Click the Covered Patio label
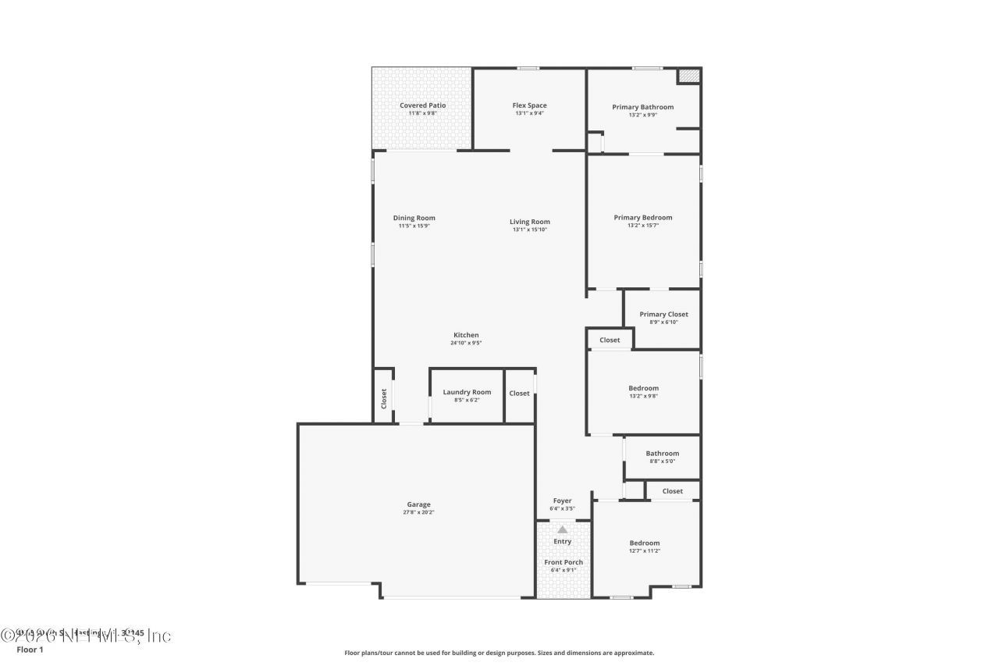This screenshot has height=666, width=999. tap(422, 105)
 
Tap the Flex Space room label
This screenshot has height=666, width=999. tap(529, 105)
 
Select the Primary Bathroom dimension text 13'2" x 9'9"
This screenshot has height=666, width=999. tap(642, 115)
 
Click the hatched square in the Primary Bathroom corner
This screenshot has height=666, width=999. tap(688, 76)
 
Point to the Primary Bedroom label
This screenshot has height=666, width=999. tap(642, 218)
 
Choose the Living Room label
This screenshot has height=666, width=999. tap(530, 222)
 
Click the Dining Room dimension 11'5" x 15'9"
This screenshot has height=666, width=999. tap(414, 226)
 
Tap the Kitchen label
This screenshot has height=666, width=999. tap(466, 335)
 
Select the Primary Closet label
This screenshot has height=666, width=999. tap(663, 315)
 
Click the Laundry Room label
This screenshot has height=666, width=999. tap(467, 392)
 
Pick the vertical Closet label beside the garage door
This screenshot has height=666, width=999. tap(384, 399)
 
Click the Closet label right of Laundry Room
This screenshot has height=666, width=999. tap(519, 394)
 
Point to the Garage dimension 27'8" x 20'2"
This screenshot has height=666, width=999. tap(418, 512)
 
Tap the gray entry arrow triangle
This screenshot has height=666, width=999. tap(562, 529)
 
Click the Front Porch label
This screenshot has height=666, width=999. tap(563, 562)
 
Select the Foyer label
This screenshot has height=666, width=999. tap(562, 500)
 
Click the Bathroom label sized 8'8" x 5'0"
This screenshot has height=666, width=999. tap(662, 453)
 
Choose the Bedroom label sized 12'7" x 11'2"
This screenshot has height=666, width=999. tap(645, 543)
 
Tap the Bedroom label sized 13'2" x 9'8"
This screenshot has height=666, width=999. tap(643, 388)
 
